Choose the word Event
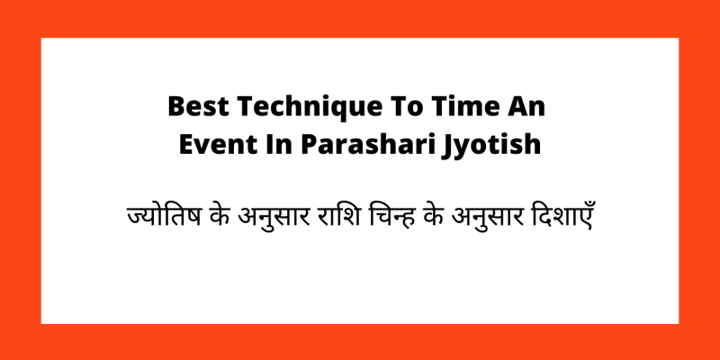pos(210,143)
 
